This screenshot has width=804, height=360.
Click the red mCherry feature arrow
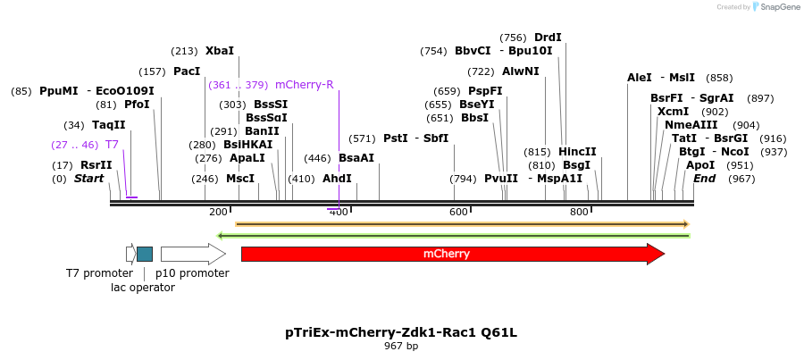coord(447,254)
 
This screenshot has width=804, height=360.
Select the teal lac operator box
coord(145,254)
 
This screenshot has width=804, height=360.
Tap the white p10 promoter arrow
coord(192,254)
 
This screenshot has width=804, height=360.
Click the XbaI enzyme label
coord(220,51)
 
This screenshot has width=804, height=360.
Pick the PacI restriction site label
coord(187,71)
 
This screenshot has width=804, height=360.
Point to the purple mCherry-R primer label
coord(305,85)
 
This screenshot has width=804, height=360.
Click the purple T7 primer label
coord(112,144)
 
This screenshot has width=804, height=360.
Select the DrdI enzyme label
coord(548,38)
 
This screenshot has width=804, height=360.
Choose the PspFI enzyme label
coord(485,91)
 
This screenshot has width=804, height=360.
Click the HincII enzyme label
coord(578,152)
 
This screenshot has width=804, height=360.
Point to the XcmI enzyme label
coord(673,112)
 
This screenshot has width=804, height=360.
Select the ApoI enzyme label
coord(700,165)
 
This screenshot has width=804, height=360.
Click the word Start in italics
coord(88,179)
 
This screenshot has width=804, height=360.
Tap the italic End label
coord(705,179)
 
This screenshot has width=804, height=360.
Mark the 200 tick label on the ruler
coord(218,212)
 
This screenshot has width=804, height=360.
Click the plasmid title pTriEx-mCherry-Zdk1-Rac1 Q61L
coord(401,332)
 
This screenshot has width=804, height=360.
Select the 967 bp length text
coord(401,346)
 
